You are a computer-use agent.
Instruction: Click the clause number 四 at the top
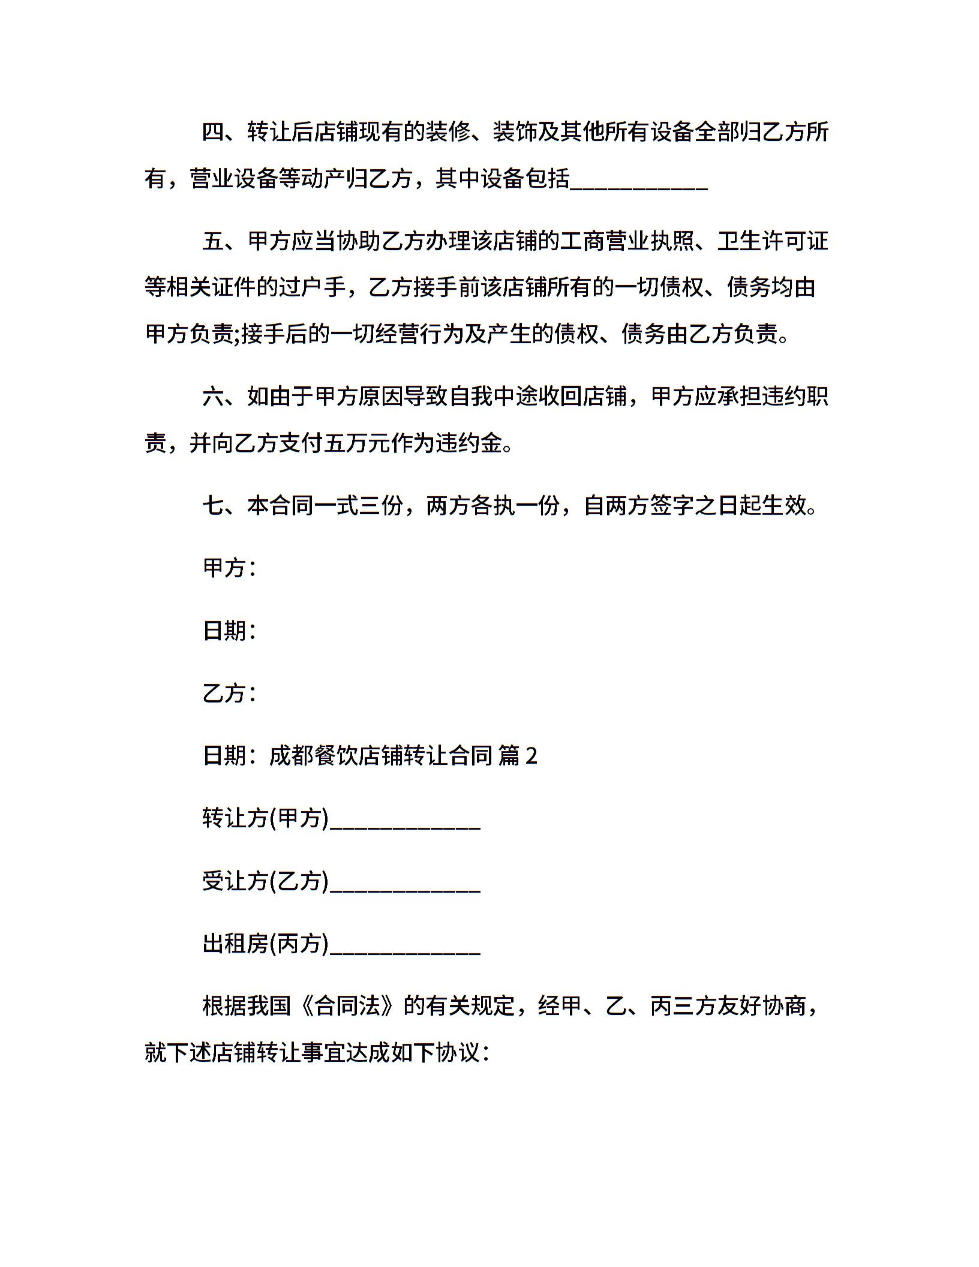[213, 132]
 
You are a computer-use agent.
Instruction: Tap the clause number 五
[213, 241]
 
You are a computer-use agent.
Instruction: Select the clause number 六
[213, 397]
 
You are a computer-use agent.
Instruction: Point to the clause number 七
[213, 506]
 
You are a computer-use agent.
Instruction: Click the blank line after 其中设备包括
[639, 180]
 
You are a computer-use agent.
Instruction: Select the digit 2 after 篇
[531, 756]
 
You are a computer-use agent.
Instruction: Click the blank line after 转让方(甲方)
[405, 819]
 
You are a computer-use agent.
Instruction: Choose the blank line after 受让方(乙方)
[405, 882]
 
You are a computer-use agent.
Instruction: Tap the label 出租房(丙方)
[266, 944]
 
